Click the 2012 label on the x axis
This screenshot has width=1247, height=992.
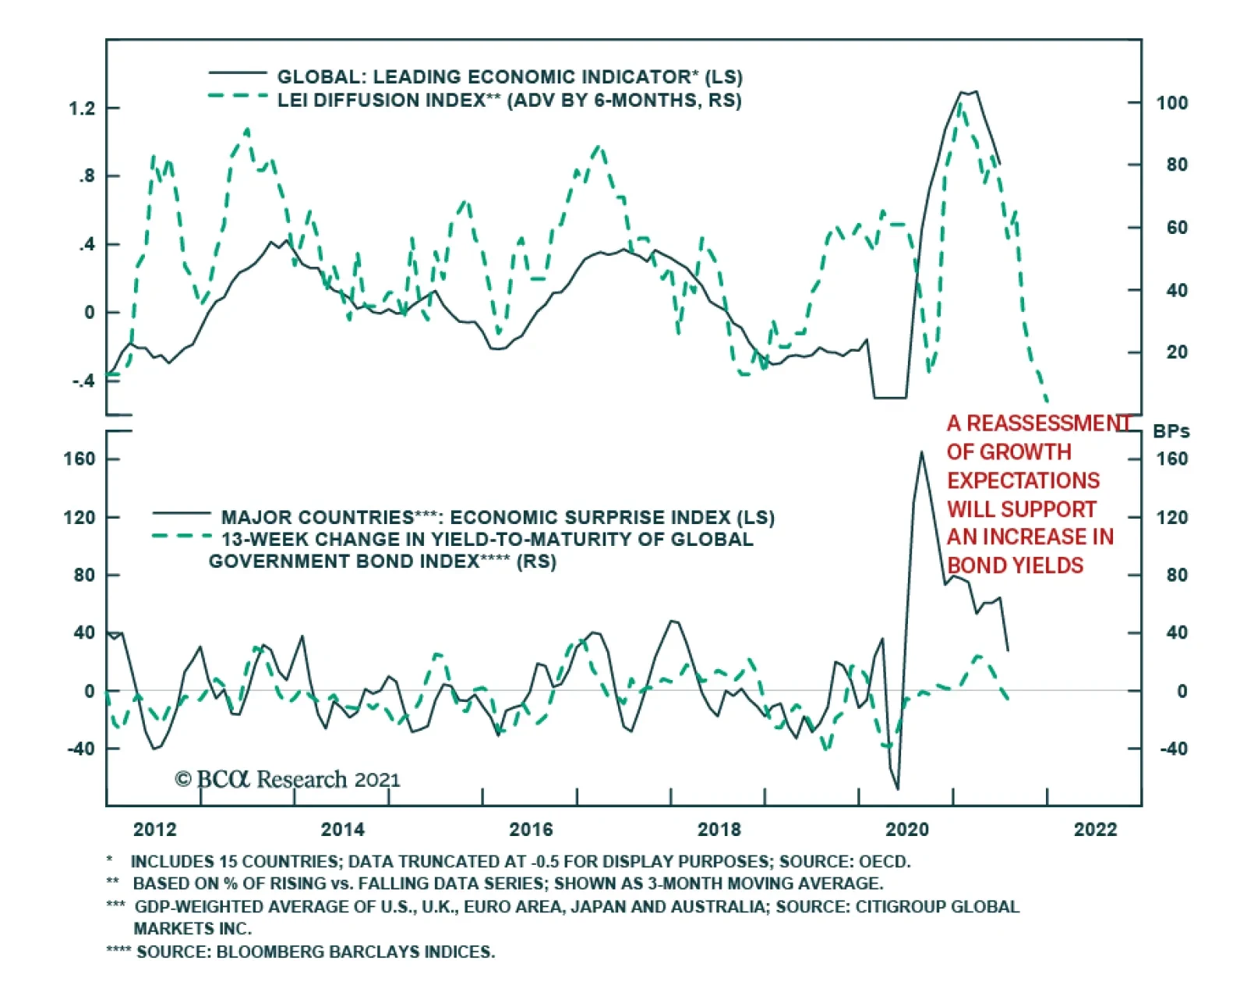(154, 829)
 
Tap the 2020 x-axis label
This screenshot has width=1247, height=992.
(907, 829)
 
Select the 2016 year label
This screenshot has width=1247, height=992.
(531, 829)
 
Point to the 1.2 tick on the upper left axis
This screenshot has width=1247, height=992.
(82, 108)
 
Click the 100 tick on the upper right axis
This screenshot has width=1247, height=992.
(1171, 103)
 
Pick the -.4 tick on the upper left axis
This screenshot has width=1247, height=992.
(83, 381)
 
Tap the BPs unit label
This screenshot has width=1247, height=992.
(1171, 431)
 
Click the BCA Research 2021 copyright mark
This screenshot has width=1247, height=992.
(288, 779)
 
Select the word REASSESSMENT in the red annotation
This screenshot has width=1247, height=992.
(1049, 423)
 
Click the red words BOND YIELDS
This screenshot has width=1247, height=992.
(1015, 565)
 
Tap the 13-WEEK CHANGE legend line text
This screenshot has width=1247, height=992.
(487, 540)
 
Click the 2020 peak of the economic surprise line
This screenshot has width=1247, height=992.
(921, 452)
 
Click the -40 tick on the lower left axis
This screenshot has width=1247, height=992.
(80, 749)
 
